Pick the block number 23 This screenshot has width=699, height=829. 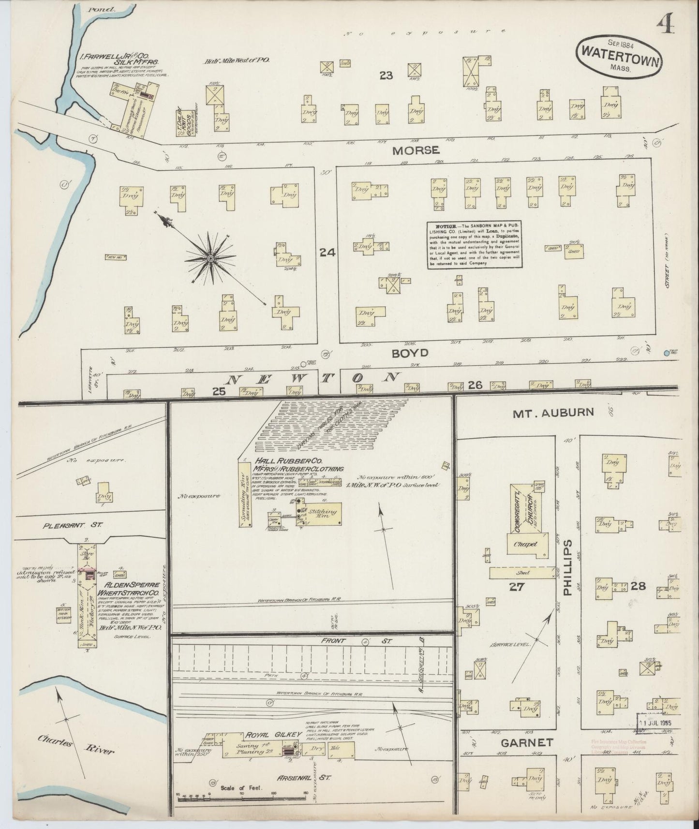(x=386, y=75)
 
